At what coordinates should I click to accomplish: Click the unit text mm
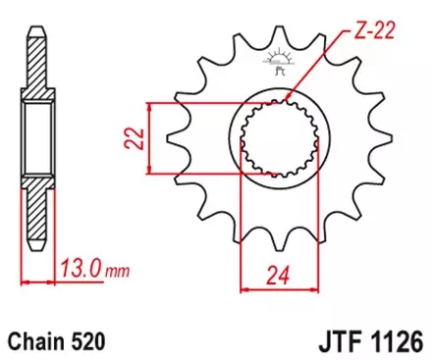pyautogui.click(x=115, y=269)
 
